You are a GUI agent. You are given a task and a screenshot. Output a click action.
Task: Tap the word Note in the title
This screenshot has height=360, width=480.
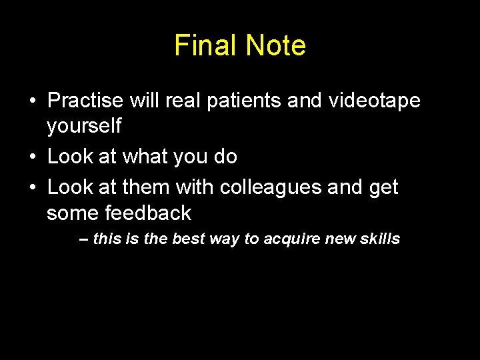(x=275, y=45)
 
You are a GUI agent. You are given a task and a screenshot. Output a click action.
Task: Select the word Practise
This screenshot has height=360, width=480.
(x=85, y=101)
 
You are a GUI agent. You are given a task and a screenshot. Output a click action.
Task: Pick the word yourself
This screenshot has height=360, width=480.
(x=84, y=125)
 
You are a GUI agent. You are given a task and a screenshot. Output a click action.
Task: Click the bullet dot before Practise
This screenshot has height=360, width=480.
(x=33, y=101)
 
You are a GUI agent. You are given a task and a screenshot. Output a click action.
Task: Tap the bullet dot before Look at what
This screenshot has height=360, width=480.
(x=33, y=157)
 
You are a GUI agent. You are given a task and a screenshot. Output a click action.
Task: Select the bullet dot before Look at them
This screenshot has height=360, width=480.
(x=33, y=188)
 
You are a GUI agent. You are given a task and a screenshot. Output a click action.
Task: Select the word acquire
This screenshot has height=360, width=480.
(x=290, y=239)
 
